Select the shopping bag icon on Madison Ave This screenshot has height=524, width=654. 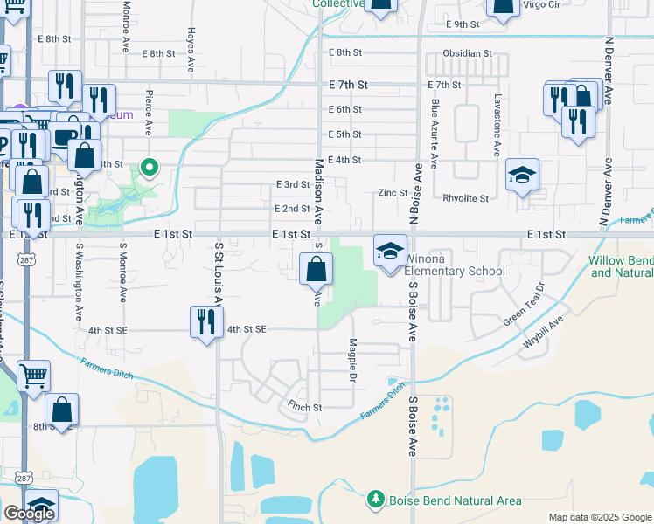coord(316,269)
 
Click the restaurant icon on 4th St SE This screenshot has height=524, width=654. coord(206,322)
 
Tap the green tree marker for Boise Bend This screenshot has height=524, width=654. coord(376,500)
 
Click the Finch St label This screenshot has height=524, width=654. coord(306,407)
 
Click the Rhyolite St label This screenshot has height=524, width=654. coord(465,198)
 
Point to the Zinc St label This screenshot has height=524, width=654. coord(393,192)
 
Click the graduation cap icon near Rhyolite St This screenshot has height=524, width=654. coord(522,176)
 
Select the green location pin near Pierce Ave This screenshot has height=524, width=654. coord(150,166)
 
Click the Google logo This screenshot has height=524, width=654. coord(29,514)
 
